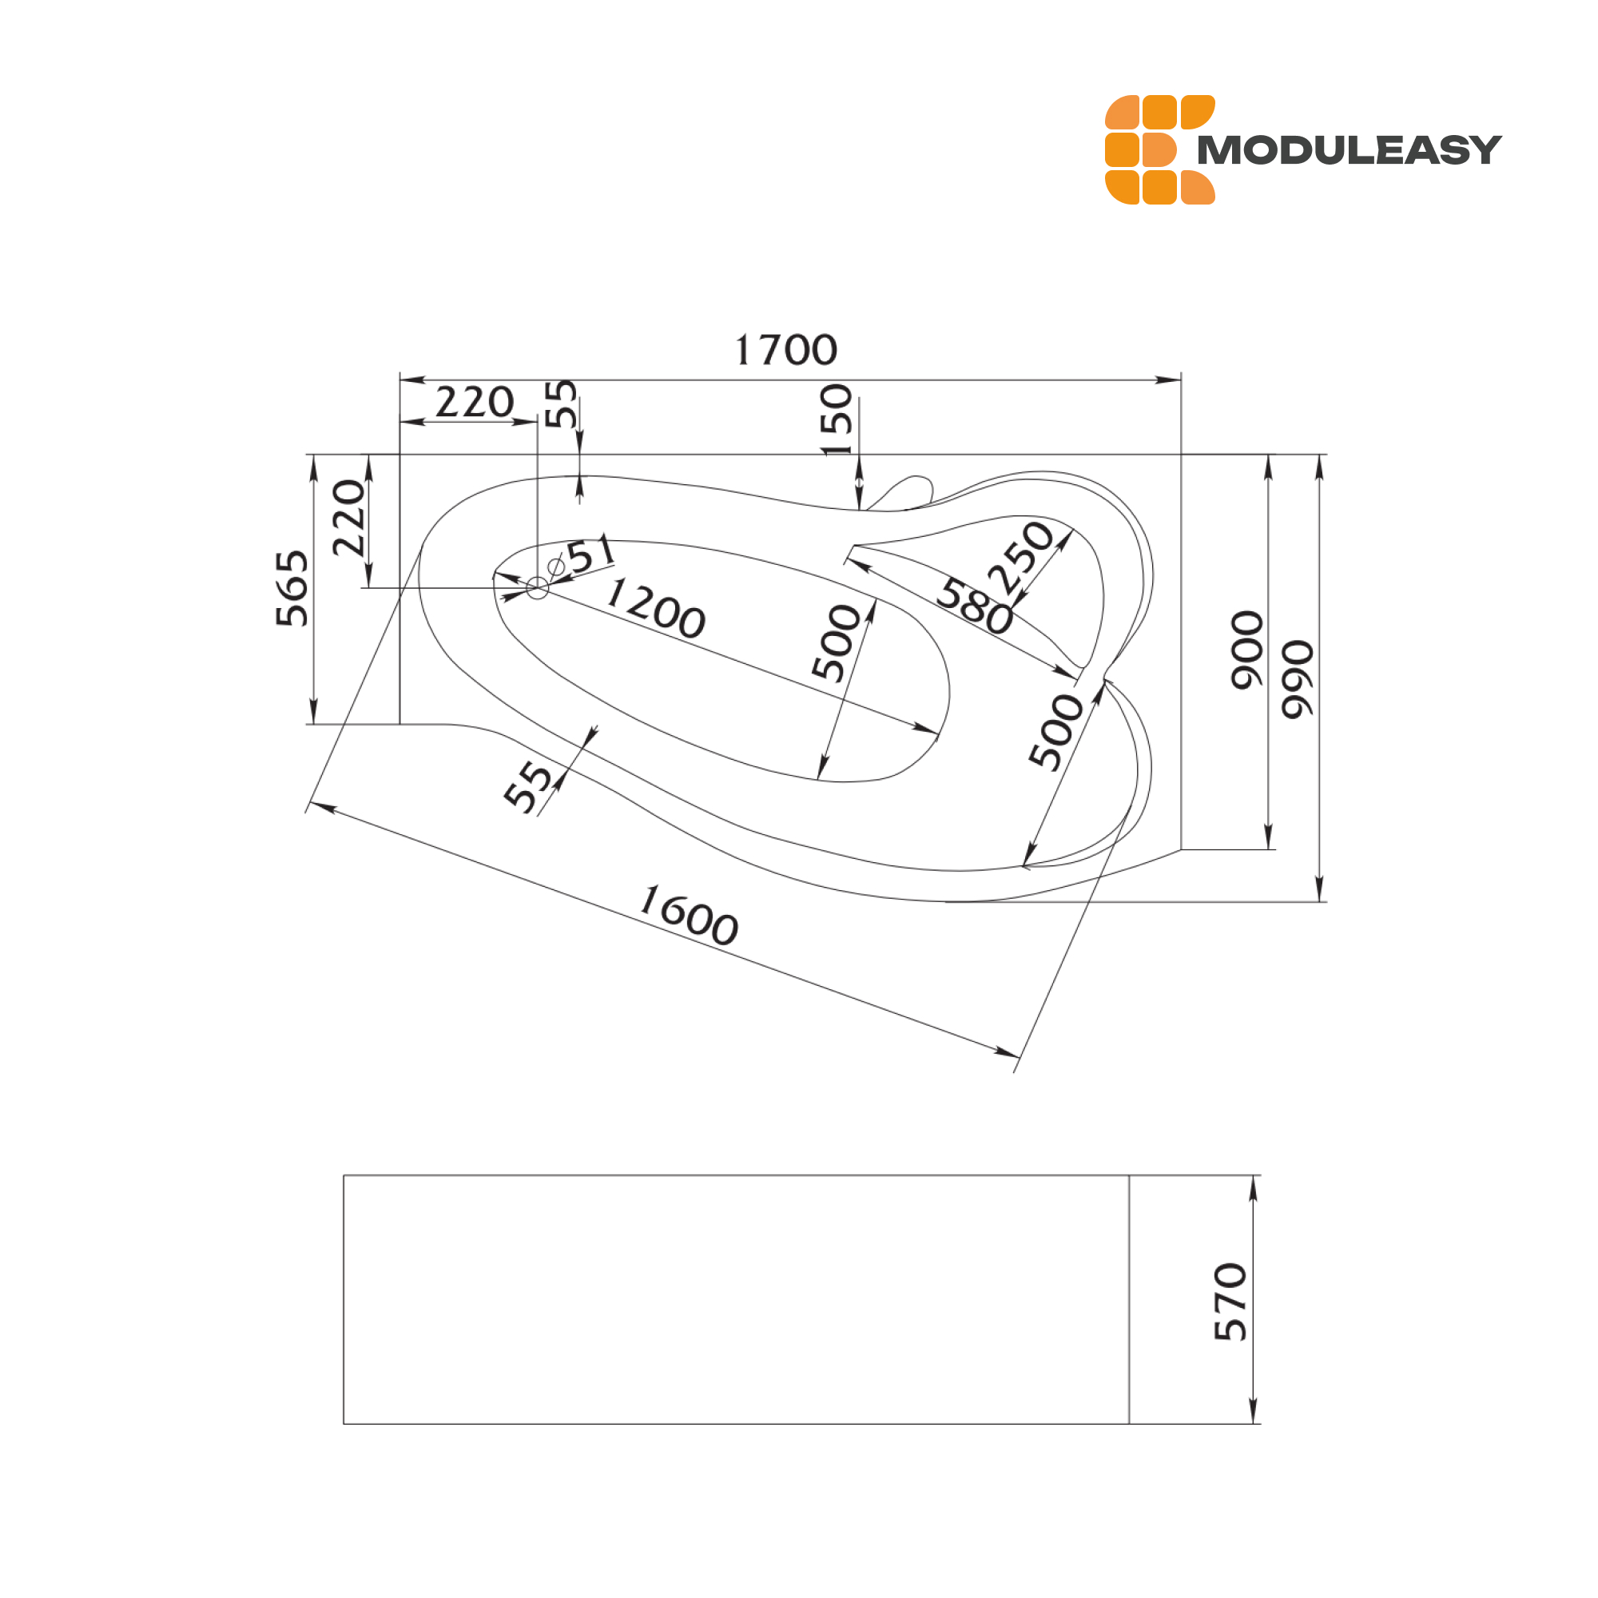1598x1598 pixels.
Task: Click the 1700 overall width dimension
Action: click(785, 350)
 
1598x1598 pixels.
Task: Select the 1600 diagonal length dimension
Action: click(689, 915)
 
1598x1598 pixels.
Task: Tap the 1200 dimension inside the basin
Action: click(655, 609)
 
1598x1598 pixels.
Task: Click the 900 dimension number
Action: click(1247, 650)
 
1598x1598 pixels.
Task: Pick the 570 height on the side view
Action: click(1230, 1301)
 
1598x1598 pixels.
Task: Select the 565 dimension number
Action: click(292, 588)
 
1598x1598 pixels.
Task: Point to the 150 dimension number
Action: click(836, 419)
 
